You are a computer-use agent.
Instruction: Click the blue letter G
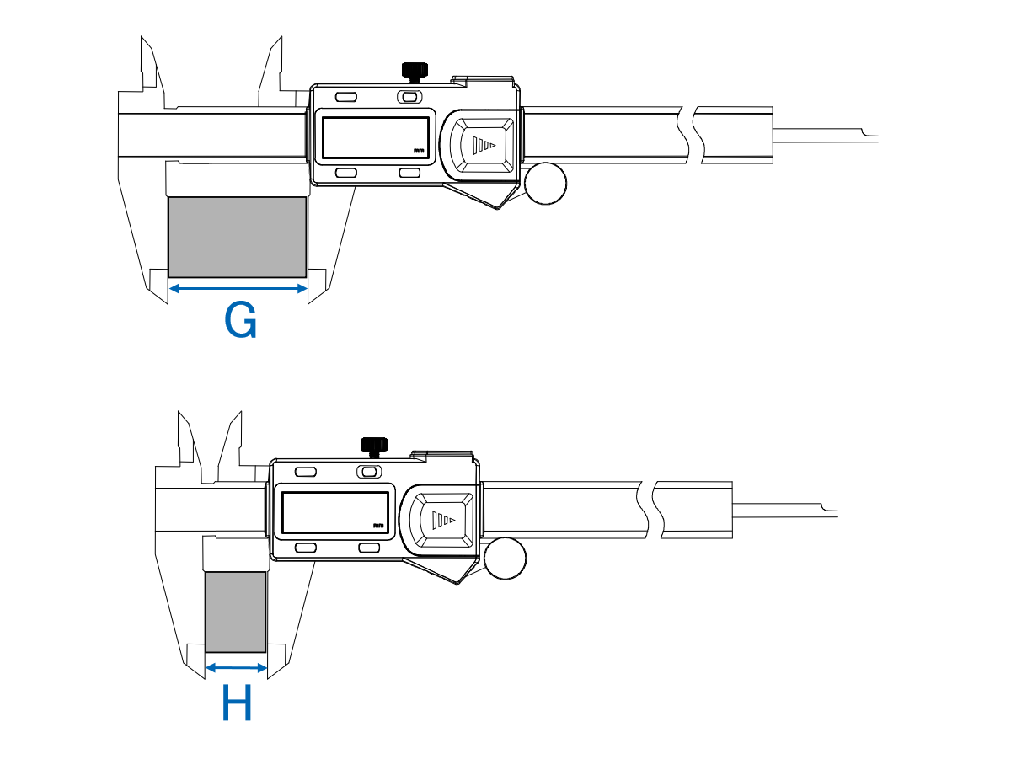pos(240,319)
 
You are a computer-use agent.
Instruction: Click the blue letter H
pos(237,703)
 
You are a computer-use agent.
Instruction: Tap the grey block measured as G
pos(238,238)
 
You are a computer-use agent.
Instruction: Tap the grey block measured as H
pos(236,612)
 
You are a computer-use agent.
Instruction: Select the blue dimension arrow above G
pos(238,289)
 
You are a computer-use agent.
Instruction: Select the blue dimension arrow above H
pos(236,668)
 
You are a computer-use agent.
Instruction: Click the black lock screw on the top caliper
pos(415,72)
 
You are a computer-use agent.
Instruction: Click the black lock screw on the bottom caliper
pos(374,447)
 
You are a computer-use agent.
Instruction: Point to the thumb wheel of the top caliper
pos(545,184)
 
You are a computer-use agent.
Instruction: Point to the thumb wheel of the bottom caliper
pos(505,559)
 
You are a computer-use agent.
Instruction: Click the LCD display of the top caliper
pos(376,137)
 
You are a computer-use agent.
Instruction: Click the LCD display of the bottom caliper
pos(335,512)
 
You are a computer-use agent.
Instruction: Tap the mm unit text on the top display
pos(418,151)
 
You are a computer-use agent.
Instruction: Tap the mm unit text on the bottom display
pos(377,526)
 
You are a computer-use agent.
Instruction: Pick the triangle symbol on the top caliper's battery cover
pos(484,145)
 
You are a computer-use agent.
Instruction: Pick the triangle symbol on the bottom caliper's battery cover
pos(443,520)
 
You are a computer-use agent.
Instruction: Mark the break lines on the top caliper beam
pos(691,135)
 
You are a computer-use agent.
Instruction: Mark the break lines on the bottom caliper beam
pos(650,510)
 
